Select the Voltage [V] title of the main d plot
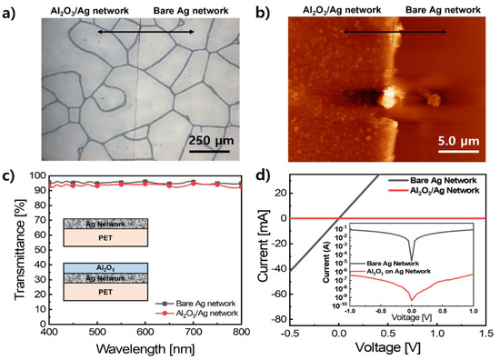[389, 349]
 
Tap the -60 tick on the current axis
[291, 296]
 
